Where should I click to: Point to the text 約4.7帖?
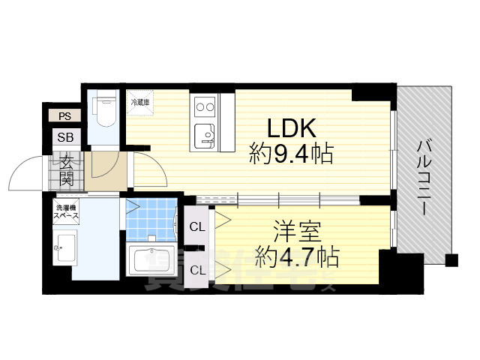point(296,257)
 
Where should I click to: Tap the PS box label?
point(65,116)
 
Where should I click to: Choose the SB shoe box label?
point(65,138)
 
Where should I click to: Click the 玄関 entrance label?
point(66,170)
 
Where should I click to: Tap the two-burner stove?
point(205,107)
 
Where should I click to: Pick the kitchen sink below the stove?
point(205,136)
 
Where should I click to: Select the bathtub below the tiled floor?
point(152,260)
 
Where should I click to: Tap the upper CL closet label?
point(197,226)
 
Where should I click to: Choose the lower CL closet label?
point(197,269)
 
